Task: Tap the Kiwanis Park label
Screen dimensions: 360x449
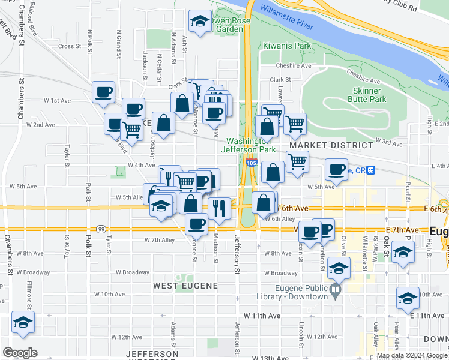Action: pos(287,46)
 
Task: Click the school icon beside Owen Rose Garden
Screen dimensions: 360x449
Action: pos(200,22)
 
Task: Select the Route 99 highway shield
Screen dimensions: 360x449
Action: pos(101,229)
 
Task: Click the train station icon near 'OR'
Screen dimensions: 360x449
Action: pos(372,171)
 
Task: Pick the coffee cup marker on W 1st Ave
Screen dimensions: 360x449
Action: pos(104,92)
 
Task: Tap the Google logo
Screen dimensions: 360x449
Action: pos(20,352)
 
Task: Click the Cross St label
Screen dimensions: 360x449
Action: pos(70,46)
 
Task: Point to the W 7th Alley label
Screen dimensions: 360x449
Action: pos(159,240)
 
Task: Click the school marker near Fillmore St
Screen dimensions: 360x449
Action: pos(23,322)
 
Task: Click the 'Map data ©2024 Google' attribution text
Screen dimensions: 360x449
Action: pos(411,355)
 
